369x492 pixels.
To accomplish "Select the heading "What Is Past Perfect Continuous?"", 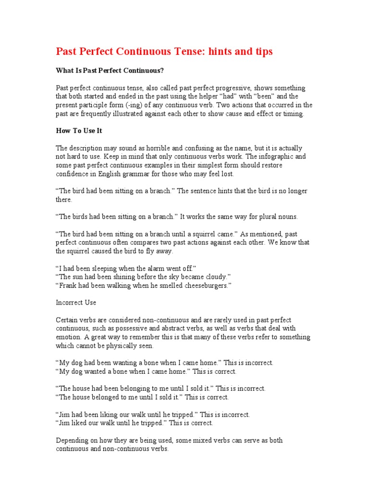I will click(110, 71).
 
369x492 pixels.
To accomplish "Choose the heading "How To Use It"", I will click(79, 131).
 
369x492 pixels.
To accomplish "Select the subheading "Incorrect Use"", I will click(76, 303).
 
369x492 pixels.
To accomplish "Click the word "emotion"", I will click(70, 337).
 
